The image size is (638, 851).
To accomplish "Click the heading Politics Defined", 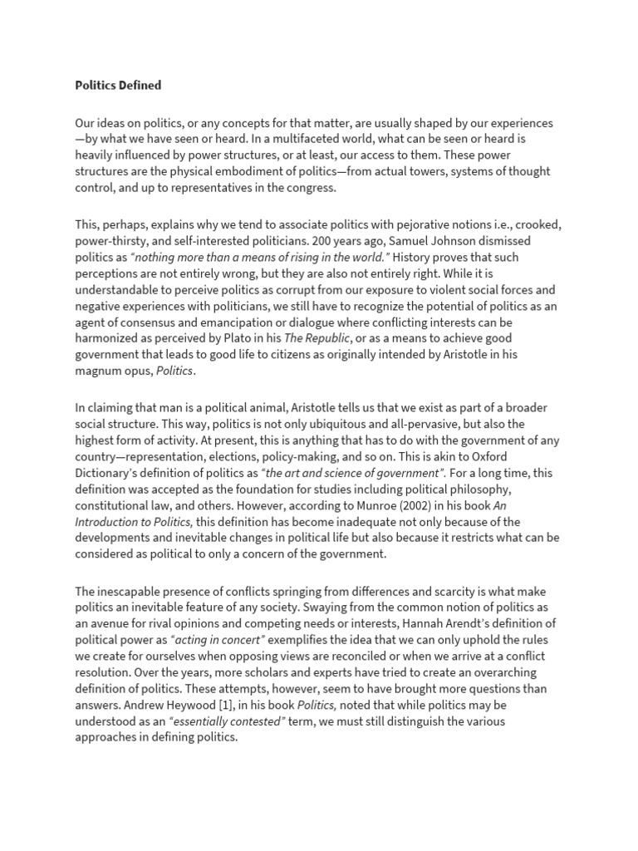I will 118,85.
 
